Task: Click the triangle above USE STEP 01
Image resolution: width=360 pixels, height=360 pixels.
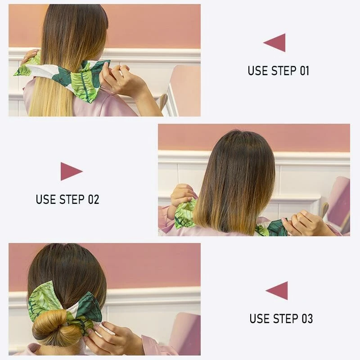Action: [275, 43]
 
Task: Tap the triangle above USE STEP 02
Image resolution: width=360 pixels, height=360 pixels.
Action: [71, 171]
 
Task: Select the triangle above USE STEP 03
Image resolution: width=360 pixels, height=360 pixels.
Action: [278, 291]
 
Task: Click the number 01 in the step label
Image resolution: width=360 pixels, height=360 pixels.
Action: [304, 71]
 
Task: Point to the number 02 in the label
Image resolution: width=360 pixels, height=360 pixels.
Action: [93, 199]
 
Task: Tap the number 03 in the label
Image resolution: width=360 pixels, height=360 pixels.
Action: [307, 319]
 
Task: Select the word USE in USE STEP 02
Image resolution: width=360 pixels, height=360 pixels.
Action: [45, 199]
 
